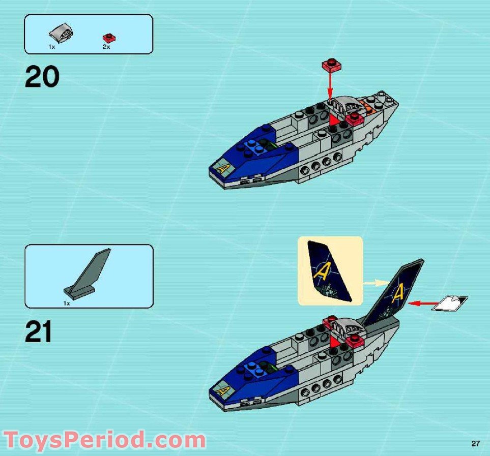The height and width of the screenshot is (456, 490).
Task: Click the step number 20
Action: (x=42, y=78)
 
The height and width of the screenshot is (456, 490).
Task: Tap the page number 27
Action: (x=475, y=444)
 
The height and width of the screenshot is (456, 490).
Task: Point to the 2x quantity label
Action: (x=106, y=47)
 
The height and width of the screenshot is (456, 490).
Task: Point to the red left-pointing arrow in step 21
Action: (x=420, y=304)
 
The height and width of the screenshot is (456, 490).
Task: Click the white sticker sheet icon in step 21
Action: (x=450, y=303)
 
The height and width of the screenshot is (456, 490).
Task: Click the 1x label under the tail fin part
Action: (x=67, y=303)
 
